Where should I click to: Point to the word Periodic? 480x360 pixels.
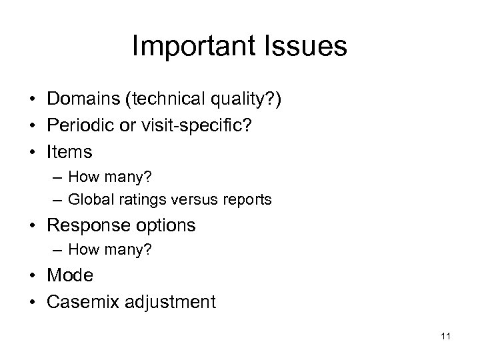77,126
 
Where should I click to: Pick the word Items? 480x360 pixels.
69,153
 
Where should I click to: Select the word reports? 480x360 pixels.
248,200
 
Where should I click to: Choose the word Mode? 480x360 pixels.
70,275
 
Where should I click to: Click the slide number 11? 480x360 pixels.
446,337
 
